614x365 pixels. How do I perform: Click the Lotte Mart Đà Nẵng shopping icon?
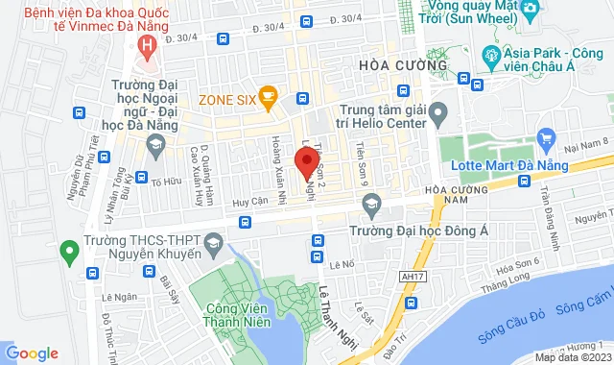546,137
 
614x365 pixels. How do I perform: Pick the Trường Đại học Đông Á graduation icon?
370,204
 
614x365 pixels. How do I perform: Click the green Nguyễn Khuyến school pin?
68,253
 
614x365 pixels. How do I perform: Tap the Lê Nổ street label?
342,264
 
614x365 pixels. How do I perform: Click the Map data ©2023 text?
572,357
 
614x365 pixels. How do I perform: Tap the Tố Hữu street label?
166,181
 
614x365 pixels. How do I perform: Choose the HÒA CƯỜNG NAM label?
457,195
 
